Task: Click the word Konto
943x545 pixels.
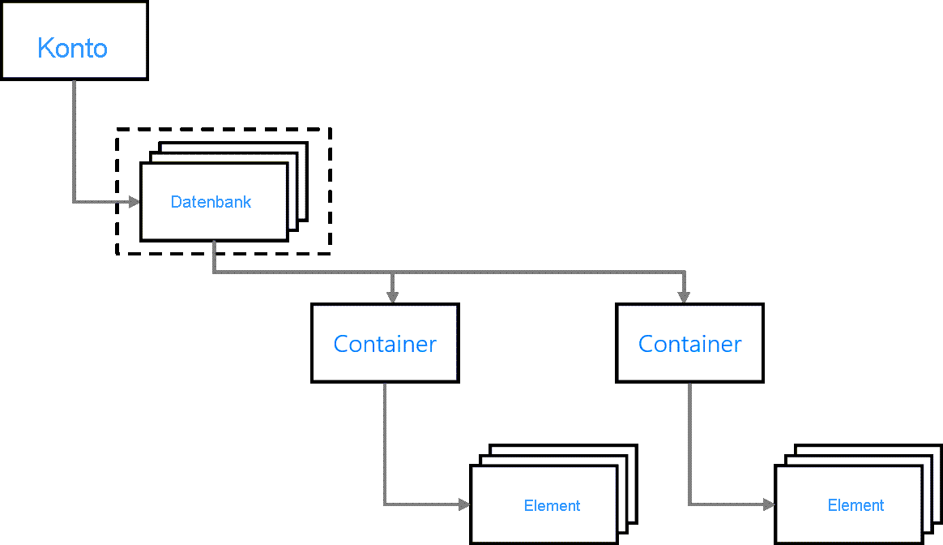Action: coord(73,49)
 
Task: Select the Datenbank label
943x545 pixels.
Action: coord(211,202)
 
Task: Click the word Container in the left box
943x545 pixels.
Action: coord(385,344)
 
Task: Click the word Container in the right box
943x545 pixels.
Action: coord(689,344)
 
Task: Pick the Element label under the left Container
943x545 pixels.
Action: coord(552,506)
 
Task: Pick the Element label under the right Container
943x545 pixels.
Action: coord(856,505)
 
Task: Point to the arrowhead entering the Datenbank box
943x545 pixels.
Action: coord(134,202)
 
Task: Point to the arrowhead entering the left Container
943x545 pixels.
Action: coord(393,298)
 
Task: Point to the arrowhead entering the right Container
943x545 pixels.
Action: coord(683,298)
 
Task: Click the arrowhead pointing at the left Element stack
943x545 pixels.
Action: coord(464,504)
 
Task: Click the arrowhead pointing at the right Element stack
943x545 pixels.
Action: coord(769,504)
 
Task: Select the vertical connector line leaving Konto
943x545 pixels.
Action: coord(74,138)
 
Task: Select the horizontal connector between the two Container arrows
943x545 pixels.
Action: coord(535,272)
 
